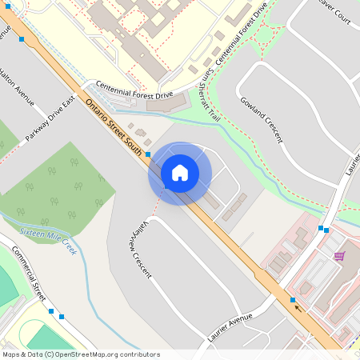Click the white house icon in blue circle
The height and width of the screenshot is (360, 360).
click(x=179, y=173)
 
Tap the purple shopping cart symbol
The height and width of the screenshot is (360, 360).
click(x=339, y=256)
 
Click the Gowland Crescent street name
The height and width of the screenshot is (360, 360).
click(x=262, y=119)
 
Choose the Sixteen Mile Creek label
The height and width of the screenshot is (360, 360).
click(x=47, y=241)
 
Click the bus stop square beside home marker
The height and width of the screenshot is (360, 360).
click(x=148, y=154)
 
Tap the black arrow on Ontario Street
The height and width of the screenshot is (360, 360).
click(x=299, y=306)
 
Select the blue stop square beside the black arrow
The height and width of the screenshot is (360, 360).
click(x=293, y=299)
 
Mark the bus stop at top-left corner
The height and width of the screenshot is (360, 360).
click(x=21, y=38)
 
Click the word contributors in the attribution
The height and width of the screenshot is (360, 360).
click(x=142, y=354)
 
